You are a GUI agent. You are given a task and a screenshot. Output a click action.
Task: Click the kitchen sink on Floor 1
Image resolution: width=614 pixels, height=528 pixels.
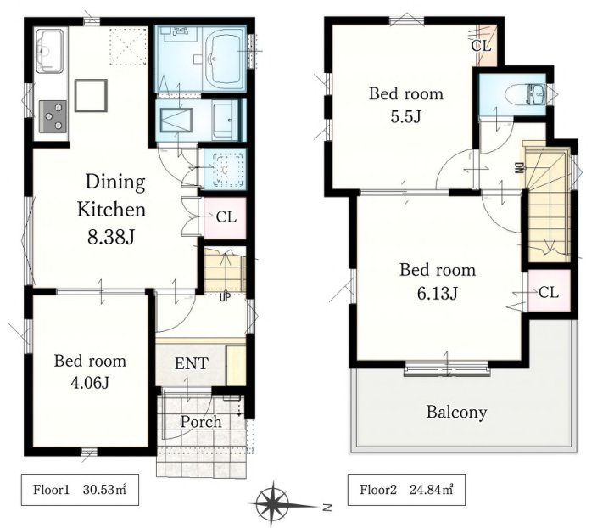pyautogui.click(x=50, y=51)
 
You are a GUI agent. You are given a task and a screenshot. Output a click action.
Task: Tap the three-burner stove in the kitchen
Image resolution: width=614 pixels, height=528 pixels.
pyautogui.click(x=53, y=116)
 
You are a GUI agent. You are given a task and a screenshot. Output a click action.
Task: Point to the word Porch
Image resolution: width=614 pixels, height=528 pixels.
pyautogui.click(x=201, y=422)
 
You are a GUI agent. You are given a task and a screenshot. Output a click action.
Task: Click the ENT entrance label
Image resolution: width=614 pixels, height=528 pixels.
pyautogui.click(x=191, y=364)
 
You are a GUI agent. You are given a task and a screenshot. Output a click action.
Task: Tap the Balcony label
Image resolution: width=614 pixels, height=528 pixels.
pyautogui.click(x=456, y=412)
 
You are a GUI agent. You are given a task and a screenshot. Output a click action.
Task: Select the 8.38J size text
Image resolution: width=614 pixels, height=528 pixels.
pyautogui.click(x=111, y=237)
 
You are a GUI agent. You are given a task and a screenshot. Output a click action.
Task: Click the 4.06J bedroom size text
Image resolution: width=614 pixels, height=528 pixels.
pyautogui.click(x=90, y=382)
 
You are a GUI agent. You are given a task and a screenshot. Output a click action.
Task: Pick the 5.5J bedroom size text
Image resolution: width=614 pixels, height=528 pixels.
pyautogui.click(x=405, y=116)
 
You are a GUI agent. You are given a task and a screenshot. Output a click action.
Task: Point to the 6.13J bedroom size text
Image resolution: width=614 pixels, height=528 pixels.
pyautogui.click(x=437, y=293)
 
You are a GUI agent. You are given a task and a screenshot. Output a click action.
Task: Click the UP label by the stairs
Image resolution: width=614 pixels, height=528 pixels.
pyautogui.click(x=225, y=297)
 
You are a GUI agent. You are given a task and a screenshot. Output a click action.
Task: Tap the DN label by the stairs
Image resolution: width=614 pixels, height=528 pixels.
pyautogui.click(x=519, y=168)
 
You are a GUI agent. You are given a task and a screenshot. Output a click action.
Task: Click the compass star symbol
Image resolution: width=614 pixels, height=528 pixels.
pyautogui.click(x=273, y=504)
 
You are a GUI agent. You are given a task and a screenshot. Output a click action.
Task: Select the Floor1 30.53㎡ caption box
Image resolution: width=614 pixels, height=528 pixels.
pyautogui.click(x=80, y=490)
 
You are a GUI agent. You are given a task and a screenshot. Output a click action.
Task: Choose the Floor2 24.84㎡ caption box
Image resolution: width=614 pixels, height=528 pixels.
pyautogui.click(x=406, y=490)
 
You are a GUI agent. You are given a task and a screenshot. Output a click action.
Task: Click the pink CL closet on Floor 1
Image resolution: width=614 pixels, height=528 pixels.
pyautogui.click(x=225, y=218)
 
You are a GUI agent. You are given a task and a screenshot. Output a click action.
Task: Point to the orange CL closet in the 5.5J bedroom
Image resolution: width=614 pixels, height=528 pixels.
pyautogui.click(x=486, y=46)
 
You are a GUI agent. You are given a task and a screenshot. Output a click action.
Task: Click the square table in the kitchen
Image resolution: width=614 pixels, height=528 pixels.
pyautogui.click(x=91, y=96)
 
